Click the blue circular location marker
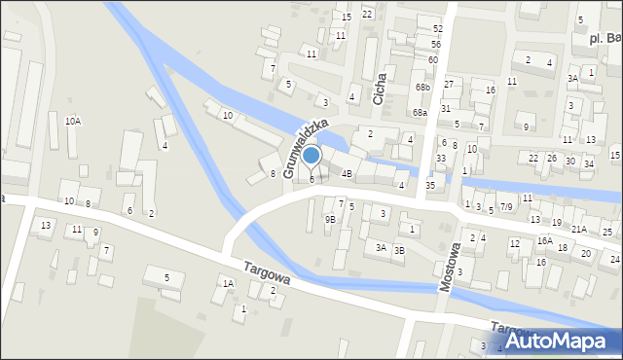(311, 155)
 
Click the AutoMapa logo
(564, 341)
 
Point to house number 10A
(73, 121)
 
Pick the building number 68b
(421, 88)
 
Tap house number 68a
(420, 113)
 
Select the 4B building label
(347, 175)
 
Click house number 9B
(330, 219)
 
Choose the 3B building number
(399, 250)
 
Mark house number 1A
(228, 283)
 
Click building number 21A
(579, 229)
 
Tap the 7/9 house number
(506, 207)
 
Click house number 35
(430, 185)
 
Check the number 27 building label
(448, 85)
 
